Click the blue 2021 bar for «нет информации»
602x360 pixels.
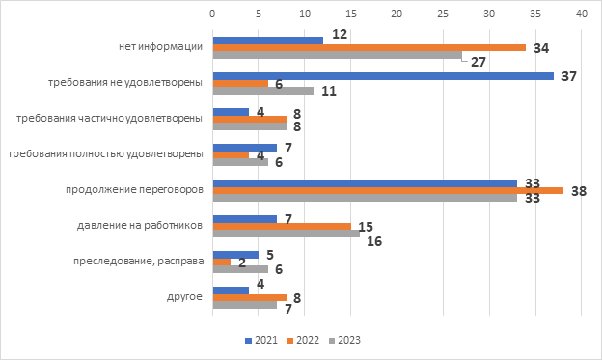click(268, 41)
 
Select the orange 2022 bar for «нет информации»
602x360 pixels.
click(369, 47)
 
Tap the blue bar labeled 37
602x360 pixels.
click(383, 76)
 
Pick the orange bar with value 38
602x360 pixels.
click(388, 190)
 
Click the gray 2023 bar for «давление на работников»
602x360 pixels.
click(287, 234)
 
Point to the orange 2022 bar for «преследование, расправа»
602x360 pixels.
click(222, 262)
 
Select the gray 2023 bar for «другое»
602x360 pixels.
click(245, 305)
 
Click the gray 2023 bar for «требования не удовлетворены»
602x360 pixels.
click(263, 91)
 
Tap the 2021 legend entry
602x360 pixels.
click(261, 340)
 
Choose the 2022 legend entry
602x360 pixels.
click(303, 340)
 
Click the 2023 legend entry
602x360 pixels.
click(344, 340)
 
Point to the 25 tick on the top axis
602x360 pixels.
click(443, 14)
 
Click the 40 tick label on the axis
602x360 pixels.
click(582, 14)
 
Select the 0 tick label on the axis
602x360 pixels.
click(212, 14)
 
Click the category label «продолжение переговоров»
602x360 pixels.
click(134, 190)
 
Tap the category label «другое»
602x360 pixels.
click(184, 297)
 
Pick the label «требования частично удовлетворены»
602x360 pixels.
click(109, 119)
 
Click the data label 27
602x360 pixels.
click(479, 62)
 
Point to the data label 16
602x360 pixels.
click(374, 241)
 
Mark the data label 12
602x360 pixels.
click(340, 34)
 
